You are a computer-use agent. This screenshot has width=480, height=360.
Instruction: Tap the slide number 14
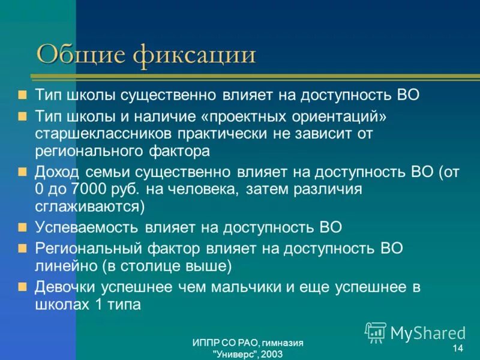[457, 349]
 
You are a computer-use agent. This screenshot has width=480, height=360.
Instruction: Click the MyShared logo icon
[376, 332]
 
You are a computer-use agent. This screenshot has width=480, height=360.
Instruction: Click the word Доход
[58, 172]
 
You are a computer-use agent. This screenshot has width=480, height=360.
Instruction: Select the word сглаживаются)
[90, 206]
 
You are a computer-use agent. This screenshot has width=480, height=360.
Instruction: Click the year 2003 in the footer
[271, 354]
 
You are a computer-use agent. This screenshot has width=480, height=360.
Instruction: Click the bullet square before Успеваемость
[23, 227]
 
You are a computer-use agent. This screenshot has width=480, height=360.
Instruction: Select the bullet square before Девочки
[23, 286]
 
